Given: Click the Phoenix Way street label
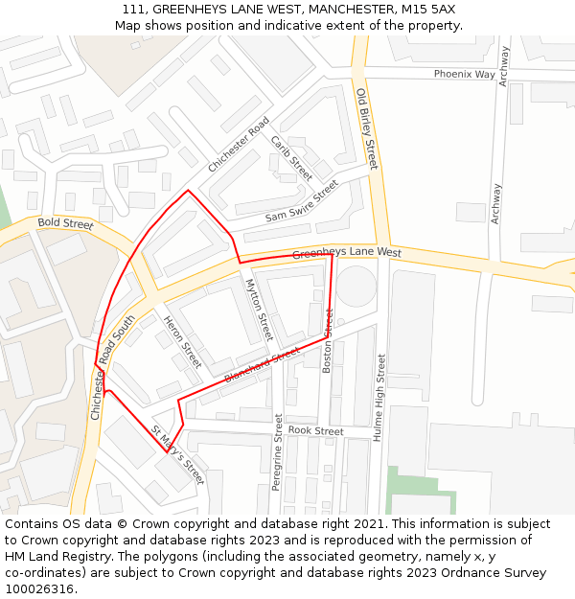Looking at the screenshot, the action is [464, 74].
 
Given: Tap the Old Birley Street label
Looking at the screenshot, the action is [367, 129].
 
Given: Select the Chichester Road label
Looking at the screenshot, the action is [239, 146].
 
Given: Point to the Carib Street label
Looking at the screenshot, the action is [291, 158].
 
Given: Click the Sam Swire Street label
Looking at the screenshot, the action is [302, 202].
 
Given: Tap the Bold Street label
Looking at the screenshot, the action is [65, 224].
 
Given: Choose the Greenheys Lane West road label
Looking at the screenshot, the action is [347, 253].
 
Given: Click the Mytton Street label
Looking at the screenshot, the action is [260, 310].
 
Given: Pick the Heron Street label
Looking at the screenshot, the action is [182, 342].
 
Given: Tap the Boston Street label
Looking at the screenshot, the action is [328, 340].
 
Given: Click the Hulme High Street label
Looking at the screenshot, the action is [380, 397].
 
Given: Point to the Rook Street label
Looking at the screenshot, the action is [315, 431].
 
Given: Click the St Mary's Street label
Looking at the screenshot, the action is [178, 455].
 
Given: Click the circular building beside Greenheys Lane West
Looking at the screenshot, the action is [356, 287].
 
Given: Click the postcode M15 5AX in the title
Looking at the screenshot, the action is [427, 10].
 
